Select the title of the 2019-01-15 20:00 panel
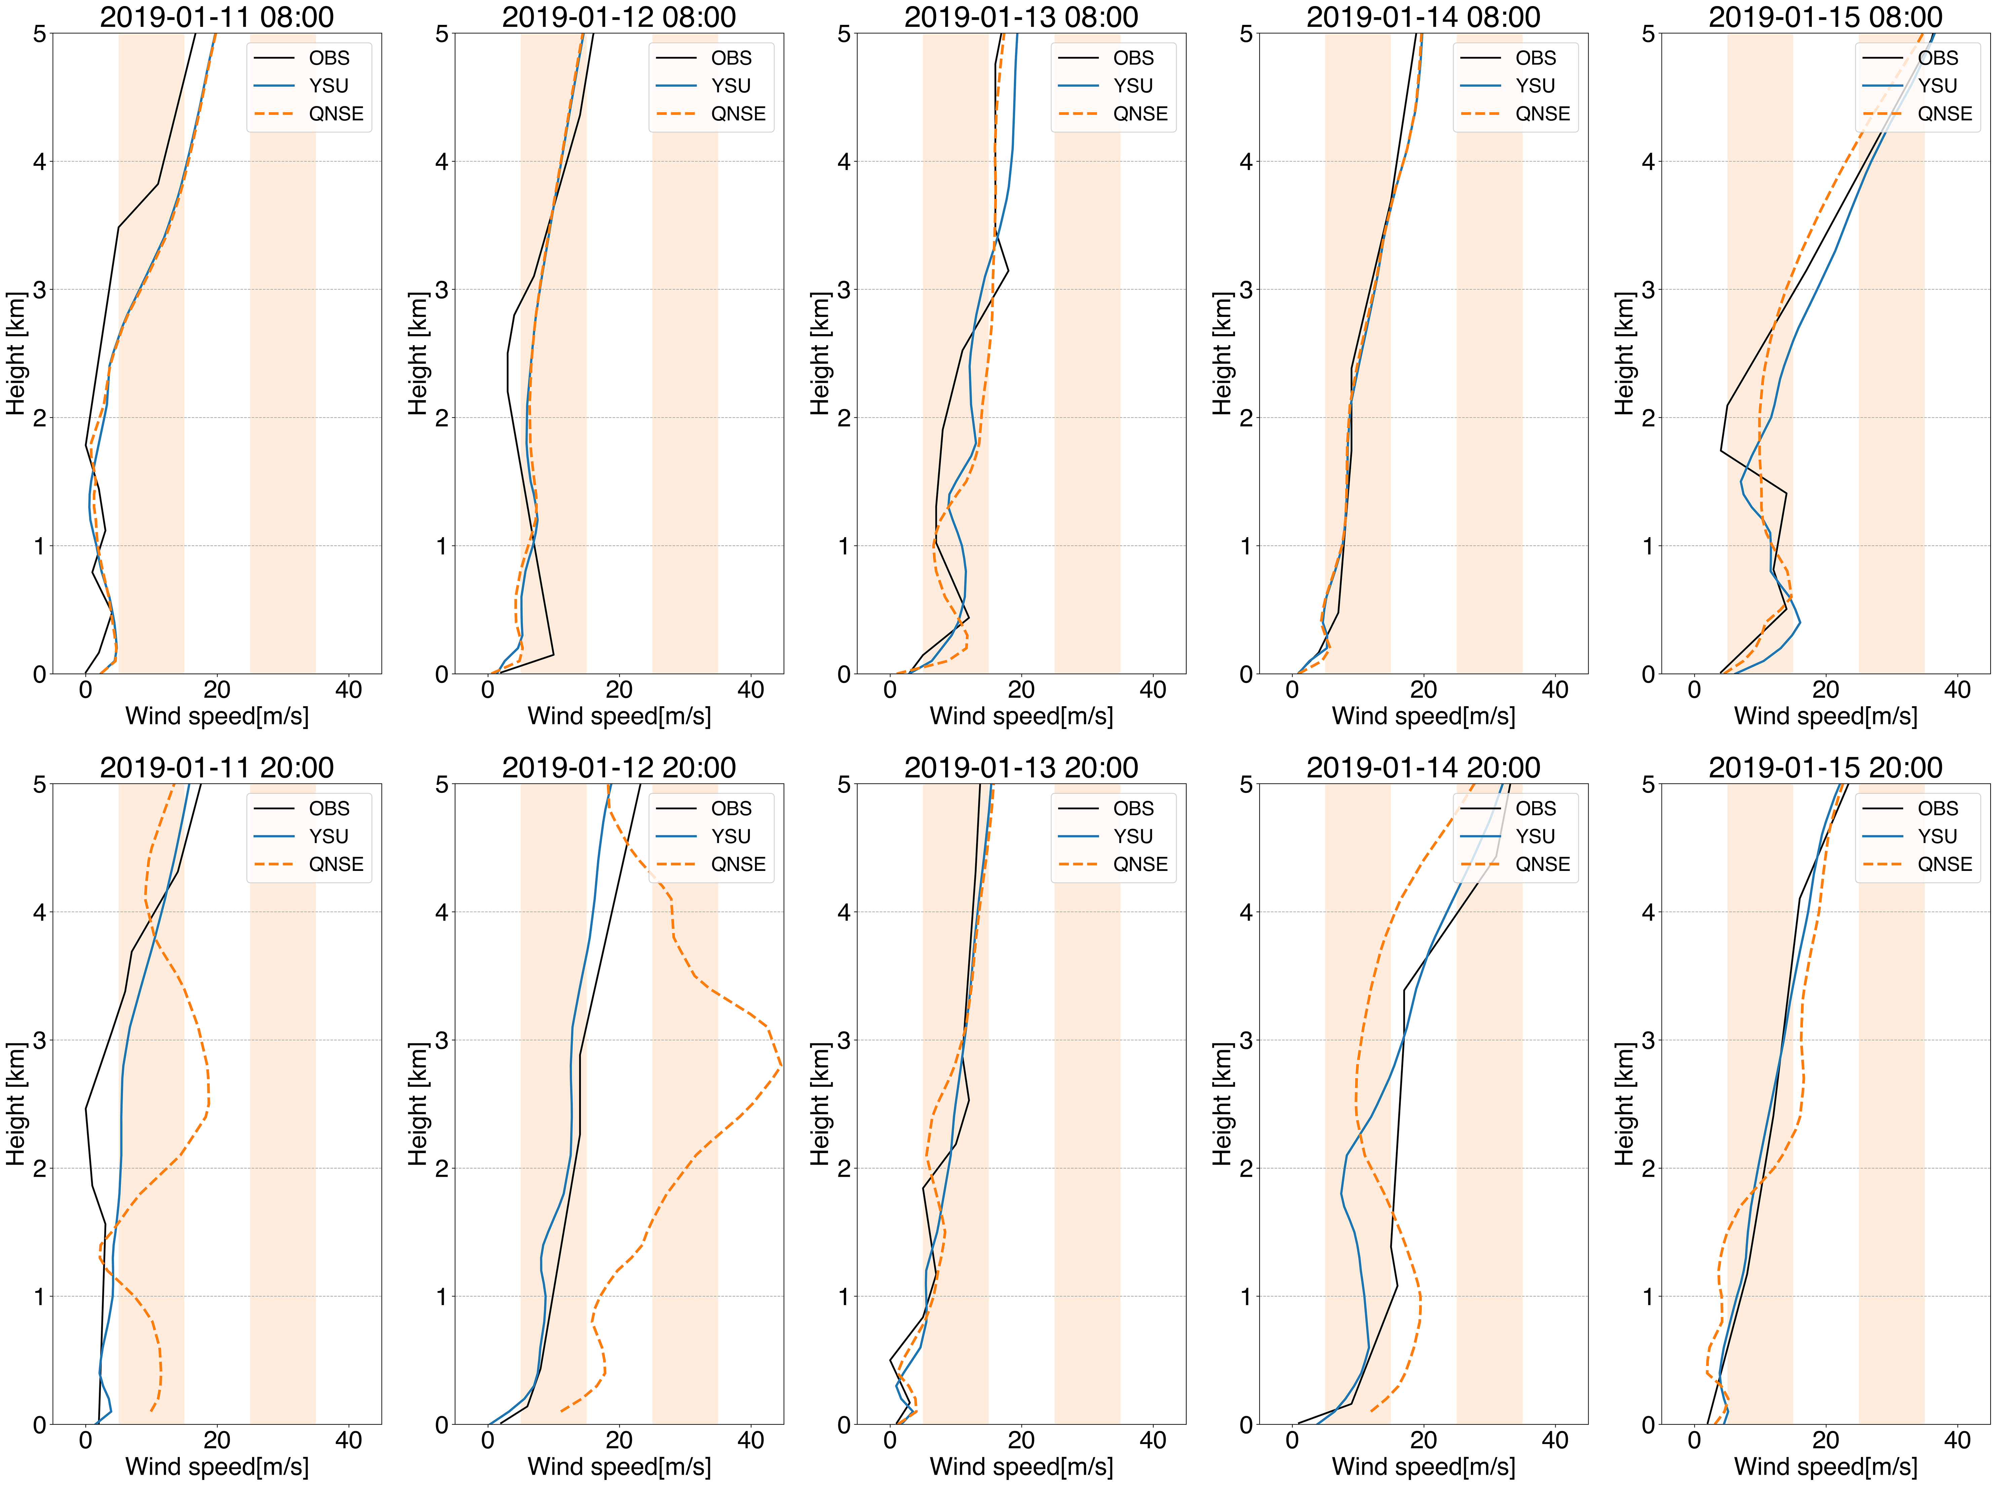click(1825, 767)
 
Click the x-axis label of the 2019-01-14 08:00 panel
click(1423, 716)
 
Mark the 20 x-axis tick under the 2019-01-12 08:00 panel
click(619, 690)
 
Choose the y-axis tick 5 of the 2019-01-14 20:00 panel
click(1246, 785)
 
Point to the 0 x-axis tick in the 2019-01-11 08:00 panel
click(85, 690)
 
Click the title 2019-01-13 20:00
click(1021, 767)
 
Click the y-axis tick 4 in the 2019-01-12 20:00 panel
click(442, 912)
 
